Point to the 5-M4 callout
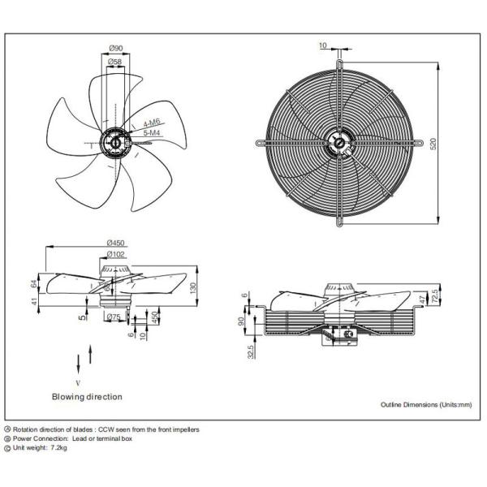[151, 131]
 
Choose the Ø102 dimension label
[115, 254]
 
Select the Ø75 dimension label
[114, 317]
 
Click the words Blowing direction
[87, 397]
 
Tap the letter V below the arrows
[78, 380]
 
